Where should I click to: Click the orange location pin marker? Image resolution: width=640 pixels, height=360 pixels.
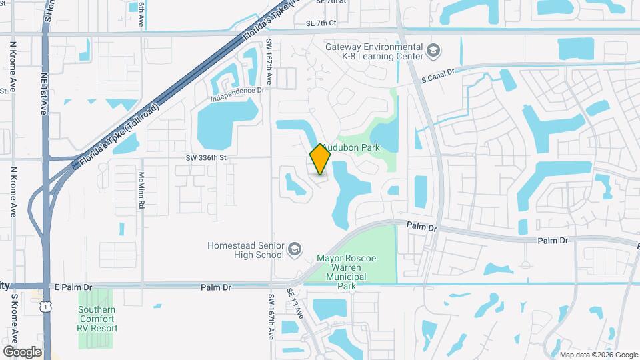(x=321, y=158)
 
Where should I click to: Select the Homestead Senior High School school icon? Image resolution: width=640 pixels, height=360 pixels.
(x=293, y=250)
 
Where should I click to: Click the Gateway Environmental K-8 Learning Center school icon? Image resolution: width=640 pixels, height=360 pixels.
(x=433, y=51)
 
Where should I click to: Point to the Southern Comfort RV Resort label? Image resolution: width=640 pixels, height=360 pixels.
(x=97, y=319)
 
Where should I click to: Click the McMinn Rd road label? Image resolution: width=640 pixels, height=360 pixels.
(x=141, y=194)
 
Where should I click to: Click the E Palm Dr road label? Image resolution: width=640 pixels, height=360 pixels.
(x=73, y=287)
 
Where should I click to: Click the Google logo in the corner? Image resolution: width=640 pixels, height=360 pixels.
(x=22, y=351)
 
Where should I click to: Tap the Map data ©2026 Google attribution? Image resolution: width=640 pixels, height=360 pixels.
(x=598, y=355)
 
